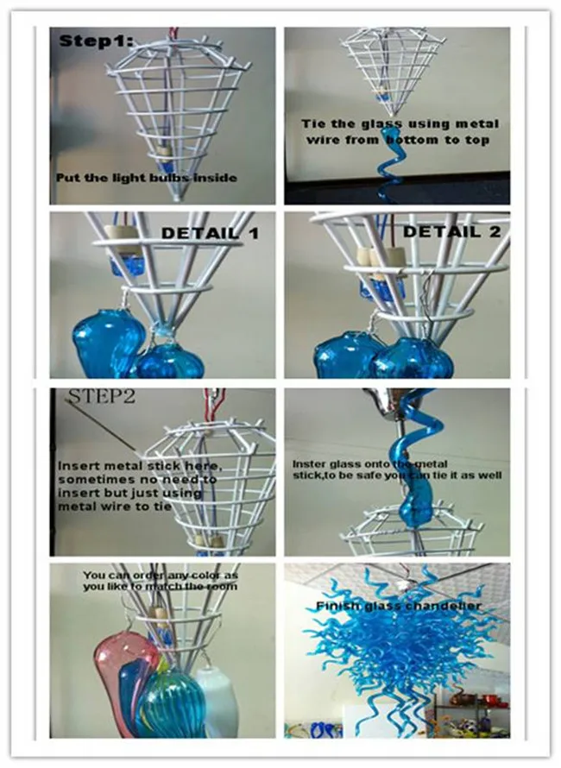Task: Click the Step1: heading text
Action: pos(96,41)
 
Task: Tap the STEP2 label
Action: pos(103,396)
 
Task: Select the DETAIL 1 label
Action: pos(210,233)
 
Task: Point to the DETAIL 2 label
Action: pos(451,231)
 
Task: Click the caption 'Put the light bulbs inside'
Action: pos(146,177)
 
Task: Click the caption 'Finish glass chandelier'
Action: pos(398,607)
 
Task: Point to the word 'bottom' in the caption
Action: pos(412,140)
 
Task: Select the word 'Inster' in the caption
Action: pos(306,463)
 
